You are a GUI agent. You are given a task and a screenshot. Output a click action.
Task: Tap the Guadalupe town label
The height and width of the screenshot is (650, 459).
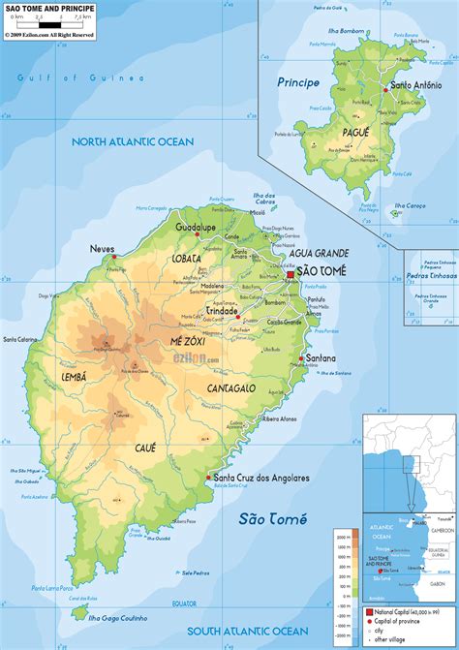195,226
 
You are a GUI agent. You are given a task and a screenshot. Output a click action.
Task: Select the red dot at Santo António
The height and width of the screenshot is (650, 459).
386,89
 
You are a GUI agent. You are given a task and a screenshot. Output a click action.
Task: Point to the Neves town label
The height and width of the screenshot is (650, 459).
103,249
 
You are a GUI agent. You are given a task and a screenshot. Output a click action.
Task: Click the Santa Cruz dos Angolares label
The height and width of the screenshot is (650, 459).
261,478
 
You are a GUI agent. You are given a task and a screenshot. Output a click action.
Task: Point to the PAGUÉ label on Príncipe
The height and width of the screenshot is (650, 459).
356,132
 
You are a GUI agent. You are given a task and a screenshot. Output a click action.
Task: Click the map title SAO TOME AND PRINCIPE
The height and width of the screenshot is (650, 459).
44,7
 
